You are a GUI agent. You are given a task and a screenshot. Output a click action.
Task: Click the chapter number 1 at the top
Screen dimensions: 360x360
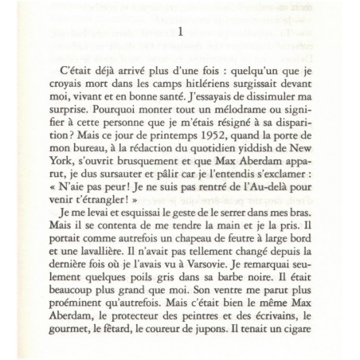[x=180, y=33]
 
